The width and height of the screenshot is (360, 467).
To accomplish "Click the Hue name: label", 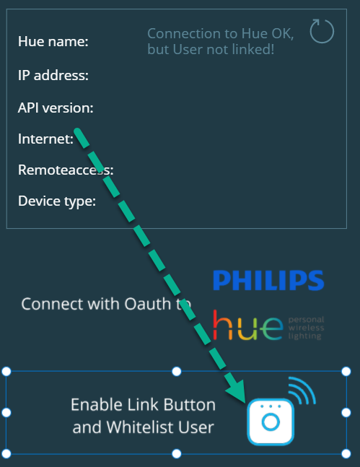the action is (53, 41).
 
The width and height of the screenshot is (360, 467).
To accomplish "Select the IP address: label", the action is (53, 75).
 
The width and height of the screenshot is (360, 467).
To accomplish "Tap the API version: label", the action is (56, 108).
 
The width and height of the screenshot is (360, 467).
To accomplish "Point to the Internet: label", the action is (45, 139).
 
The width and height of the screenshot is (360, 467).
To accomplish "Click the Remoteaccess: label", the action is (66, 170).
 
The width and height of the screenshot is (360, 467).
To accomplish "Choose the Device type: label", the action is (57, 201).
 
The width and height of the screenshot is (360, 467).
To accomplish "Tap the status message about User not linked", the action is (221, 41).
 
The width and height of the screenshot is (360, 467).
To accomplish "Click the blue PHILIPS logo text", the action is (268, 280).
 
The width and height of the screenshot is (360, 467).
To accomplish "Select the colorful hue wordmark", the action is (247, 326).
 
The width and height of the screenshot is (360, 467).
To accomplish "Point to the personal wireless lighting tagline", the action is (306, 328).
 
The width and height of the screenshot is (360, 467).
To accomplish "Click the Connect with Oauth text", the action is (106, 304).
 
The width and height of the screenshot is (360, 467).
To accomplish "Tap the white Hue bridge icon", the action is (271, 422).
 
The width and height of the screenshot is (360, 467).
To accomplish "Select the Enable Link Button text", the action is (144, 405).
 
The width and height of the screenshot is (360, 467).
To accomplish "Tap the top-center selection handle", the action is (177, 372).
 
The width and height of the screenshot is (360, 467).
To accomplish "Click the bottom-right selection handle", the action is (346, 453).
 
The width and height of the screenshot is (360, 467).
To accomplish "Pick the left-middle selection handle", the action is (6, 412).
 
